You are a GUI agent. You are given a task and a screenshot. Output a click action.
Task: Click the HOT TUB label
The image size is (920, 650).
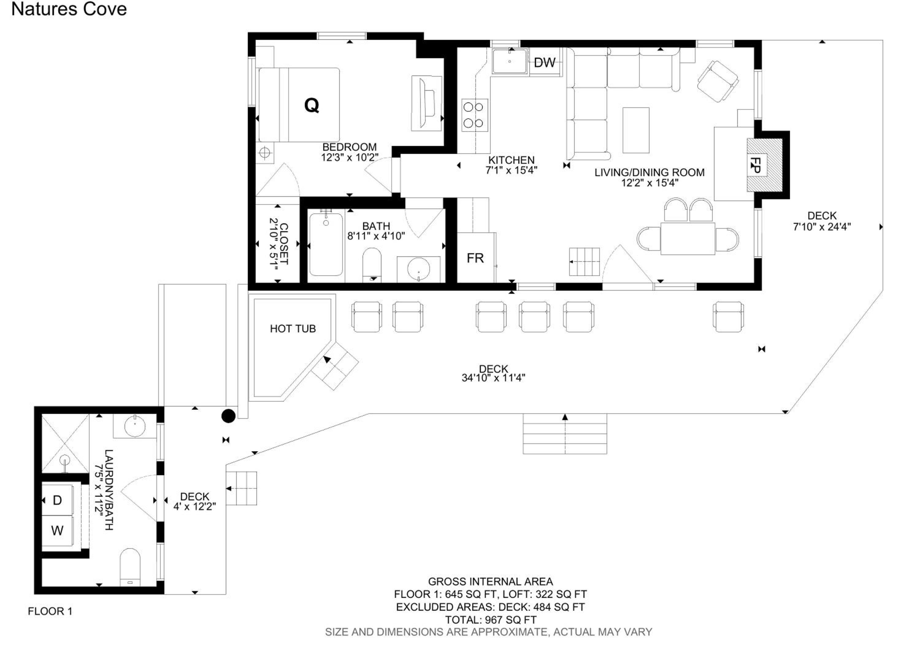[293, 328]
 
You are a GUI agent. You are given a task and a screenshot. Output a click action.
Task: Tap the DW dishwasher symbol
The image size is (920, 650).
[545, 62]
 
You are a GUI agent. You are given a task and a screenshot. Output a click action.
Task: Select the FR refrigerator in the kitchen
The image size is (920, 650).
[476, 258]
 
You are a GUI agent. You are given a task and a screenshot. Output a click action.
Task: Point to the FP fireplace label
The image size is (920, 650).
[756, 165]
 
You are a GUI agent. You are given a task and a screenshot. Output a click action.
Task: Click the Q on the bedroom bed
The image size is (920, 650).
[312, 105]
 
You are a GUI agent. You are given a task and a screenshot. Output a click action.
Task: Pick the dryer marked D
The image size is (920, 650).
[57, 500]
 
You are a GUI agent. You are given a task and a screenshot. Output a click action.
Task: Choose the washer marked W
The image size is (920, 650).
[57, 531]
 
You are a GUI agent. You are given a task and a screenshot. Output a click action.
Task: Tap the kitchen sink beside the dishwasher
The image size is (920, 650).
[509, 61]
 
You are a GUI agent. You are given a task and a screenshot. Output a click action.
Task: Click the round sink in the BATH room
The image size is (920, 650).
[418, 269]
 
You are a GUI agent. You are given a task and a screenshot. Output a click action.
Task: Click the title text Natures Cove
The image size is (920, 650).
[69, 9]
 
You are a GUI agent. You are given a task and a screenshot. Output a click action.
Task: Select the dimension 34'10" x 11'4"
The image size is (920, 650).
[493, 378]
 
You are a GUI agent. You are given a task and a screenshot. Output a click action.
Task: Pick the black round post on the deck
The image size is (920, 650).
[228, 416]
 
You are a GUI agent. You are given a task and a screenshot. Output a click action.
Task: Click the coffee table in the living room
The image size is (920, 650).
[636, 130]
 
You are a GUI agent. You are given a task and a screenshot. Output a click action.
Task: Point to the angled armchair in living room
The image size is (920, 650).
[718, 81]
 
